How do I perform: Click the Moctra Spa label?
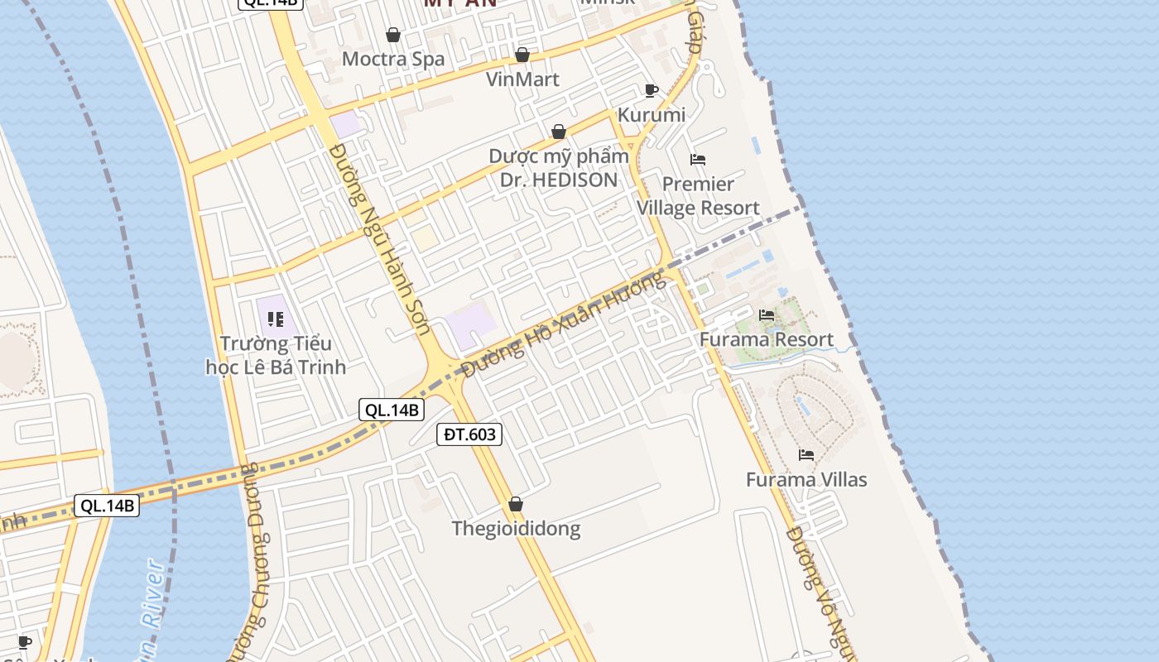pyautogui.click(x=393, y=59)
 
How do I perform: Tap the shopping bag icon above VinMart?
pyautogui.click(x=522, y=55)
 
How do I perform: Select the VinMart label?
pyautogui.click(x=522, y=79)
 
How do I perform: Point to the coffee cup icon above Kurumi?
pyautogui.click(x=652, y=89)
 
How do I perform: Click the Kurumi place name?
pyautogui.click(x=652, y=114)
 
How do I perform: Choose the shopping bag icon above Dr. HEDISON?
pyautogui.click(x=559, y=132)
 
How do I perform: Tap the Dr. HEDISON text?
pyautogui.click(x=559, y=180)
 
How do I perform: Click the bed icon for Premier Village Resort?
pyautogui.click(x=698, y=159)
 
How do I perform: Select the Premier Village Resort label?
pyautogui.click(x=698, y=196)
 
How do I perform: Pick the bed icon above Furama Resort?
pyautogui.click(x=767, y=314)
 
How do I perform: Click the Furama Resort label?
pyautogui.click(x=767, y=339)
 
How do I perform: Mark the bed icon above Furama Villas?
pyautogui.click(x=806, y=454)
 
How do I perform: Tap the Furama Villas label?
pyautogui.click(x=806, y=480)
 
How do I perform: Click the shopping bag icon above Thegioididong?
pyautogui.click(x=516, y=504)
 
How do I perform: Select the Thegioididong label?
pyautogui.click(x=516, y=529)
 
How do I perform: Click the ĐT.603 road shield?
pyautogui.click(x=469, y=434)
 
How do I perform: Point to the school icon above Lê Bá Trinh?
pyautogui.click(x=276, y=319)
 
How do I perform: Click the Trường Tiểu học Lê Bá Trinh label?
pyautogui.click(x=276, y=355)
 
